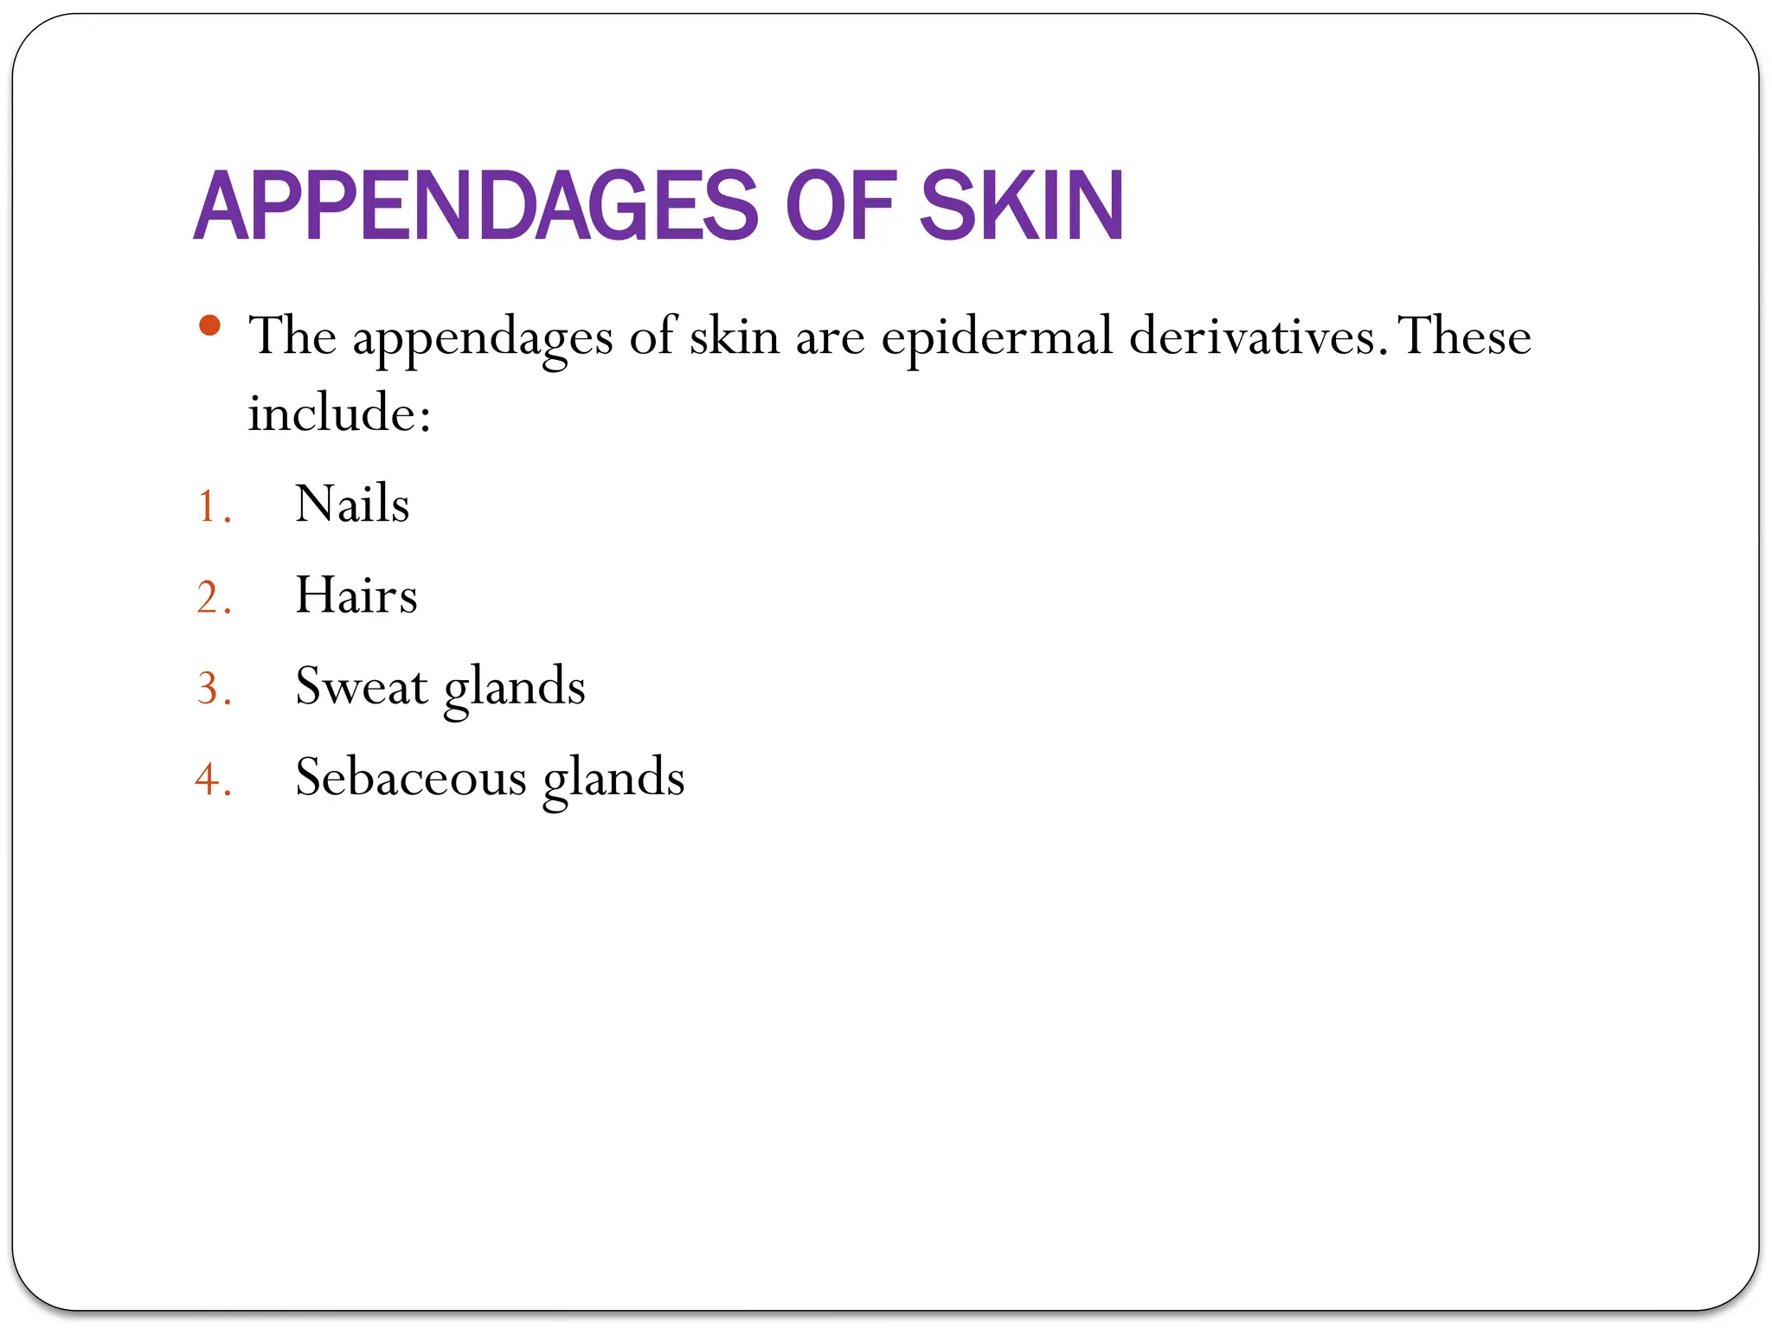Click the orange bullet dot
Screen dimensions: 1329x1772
[x=209, y=326]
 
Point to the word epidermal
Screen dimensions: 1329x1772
[x=997, y=337]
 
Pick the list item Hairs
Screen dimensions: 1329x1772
[x=356, y=595]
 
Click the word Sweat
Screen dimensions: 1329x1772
[x=361, y=686]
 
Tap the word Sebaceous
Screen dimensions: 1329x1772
[x=411, y=777]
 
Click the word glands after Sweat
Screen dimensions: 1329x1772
[x=514, y=689]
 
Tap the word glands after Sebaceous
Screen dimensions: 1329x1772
[x=613, y=780]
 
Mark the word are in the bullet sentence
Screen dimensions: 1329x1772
[x=830, y=337]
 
